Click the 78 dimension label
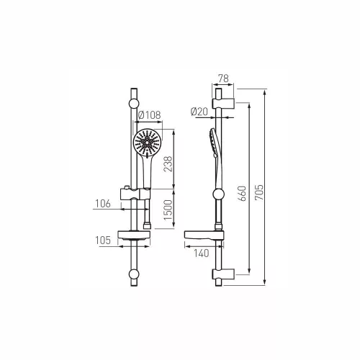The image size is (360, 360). point(223,78)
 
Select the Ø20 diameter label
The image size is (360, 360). point(199,112)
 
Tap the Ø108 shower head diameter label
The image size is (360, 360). point(150,115)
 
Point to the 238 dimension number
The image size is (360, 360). point(168,163)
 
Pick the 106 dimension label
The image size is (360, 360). point(103,204)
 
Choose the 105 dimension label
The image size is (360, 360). point(103,240)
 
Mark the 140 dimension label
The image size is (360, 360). point(202,253)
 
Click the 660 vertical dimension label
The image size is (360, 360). point(243,194)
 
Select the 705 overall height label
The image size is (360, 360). point(259,192)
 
